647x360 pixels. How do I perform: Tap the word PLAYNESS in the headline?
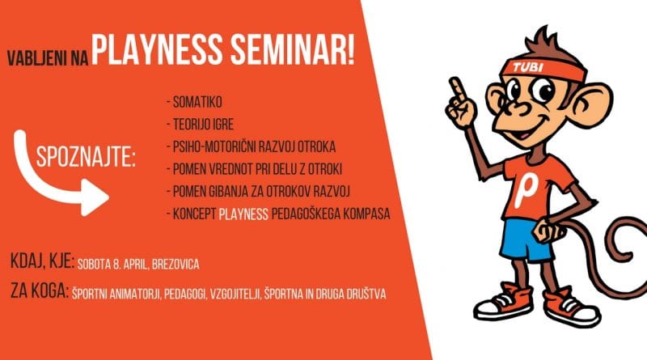click(153, 54)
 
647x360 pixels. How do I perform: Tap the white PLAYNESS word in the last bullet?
click(247, 216)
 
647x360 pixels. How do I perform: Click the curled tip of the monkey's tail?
click(624, 243)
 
